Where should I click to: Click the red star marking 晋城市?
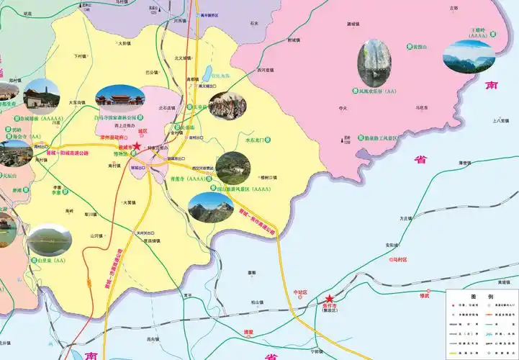point(137,145)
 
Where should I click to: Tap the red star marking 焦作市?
point(330,299)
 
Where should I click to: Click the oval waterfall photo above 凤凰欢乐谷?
point(374,63)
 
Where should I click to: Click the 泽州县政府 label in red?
point(114,136)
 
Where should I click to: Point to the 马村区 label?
point(397,258)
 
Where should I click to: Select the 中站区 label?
point(300,293)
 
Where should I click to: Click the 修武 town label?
point(425,294)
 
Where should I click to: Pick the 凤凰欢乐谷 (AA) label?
point(373,92)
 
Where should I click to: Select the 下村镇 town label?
point(79,55)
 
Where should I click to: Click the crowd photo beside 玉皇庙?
point(227,106)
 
